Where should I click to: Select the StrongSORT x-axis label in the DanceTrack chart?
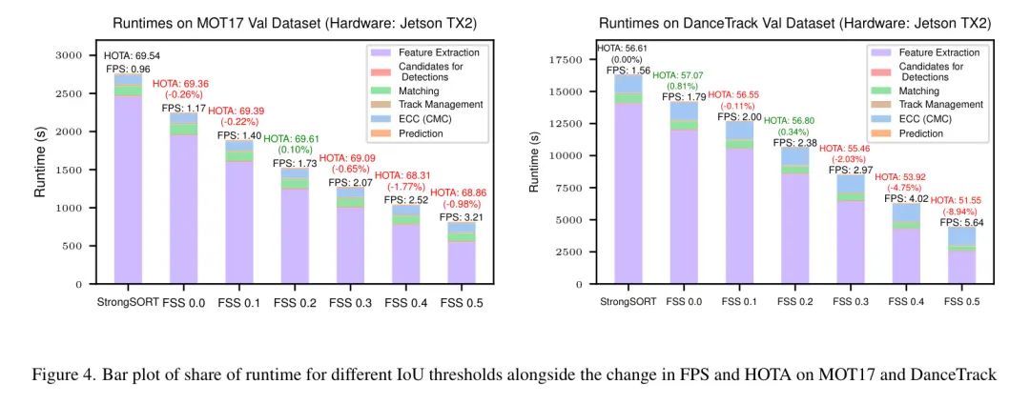click(x=628, y=303)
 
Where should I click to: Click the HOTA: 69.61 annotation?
click(x=293, y=139)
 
